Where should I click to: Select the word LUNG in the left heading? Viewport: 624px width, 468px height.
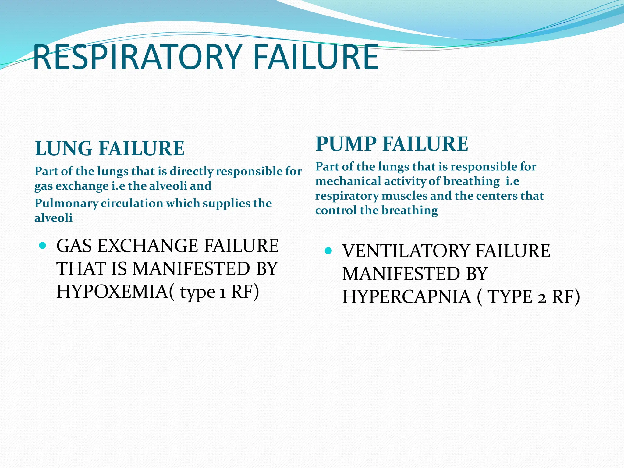[x=64, y=149]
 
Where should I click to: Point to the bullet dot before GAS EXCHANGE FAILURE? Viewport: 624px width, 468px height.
[x=43, y=245]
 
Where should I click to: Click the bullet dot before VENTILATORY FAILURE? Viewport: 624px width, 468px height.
[x=328, y=251]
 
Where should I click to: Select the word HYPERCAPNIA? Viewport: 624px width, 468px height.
[x=406, y=297]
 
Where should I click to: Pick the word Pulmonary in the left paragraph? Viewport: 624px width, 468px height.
[x=66, y=203]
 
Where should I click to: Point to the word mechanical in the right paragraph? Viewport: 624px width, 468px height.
[x=348, y=181]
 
